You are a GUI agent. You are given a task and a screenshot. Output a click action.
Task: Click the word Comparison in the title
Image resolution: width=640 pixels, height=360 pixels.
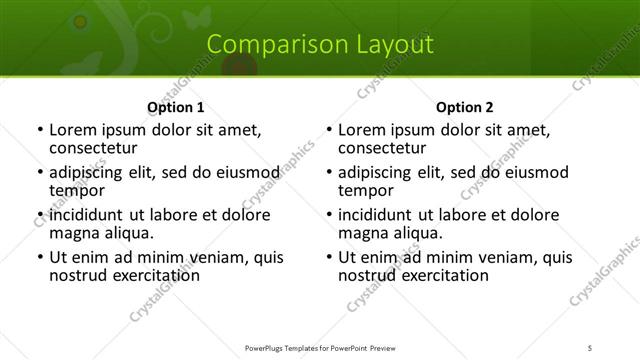(x=264, y=44)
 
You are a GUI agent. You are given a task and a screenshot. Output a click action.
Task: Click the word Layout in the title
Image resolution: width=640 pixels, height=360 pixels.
(x=392, y=44)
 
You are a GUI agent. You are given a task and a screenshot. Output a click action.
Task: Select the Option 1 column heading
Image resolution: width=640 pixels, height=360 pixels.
(x=175, y=107)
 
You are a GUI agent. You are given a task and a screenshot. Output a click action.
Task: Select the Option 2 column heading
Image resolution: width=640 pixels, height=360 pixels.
(x=464, y=107)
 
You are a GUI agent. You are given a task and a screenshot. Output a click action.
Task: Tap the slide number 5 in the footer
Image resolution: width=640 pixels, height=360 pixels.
(x=590, y=348)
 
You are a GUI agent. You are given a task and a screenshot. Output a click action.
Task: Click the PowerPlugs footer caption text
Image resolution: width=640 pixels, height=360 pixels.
(x=320, y=348)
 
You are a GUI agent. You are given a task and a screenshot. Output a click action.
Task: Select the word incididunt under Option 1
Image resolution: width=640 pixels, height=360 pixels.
(x=87, y=215)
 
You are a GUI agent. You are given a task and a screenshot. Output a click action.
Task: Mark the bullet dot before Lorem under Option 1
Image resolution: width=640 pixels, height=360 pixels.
(x=39, y=130)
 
